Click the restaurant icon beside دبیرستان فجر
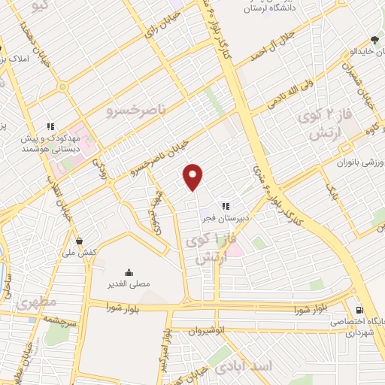tap(224, 205)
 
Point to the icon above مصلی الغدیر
tap(129, 272)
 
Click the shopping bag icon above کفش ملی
tap(80, 241)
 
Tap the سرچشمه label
tap(39, 319)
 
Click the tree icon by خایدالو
tap(374, 40)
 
